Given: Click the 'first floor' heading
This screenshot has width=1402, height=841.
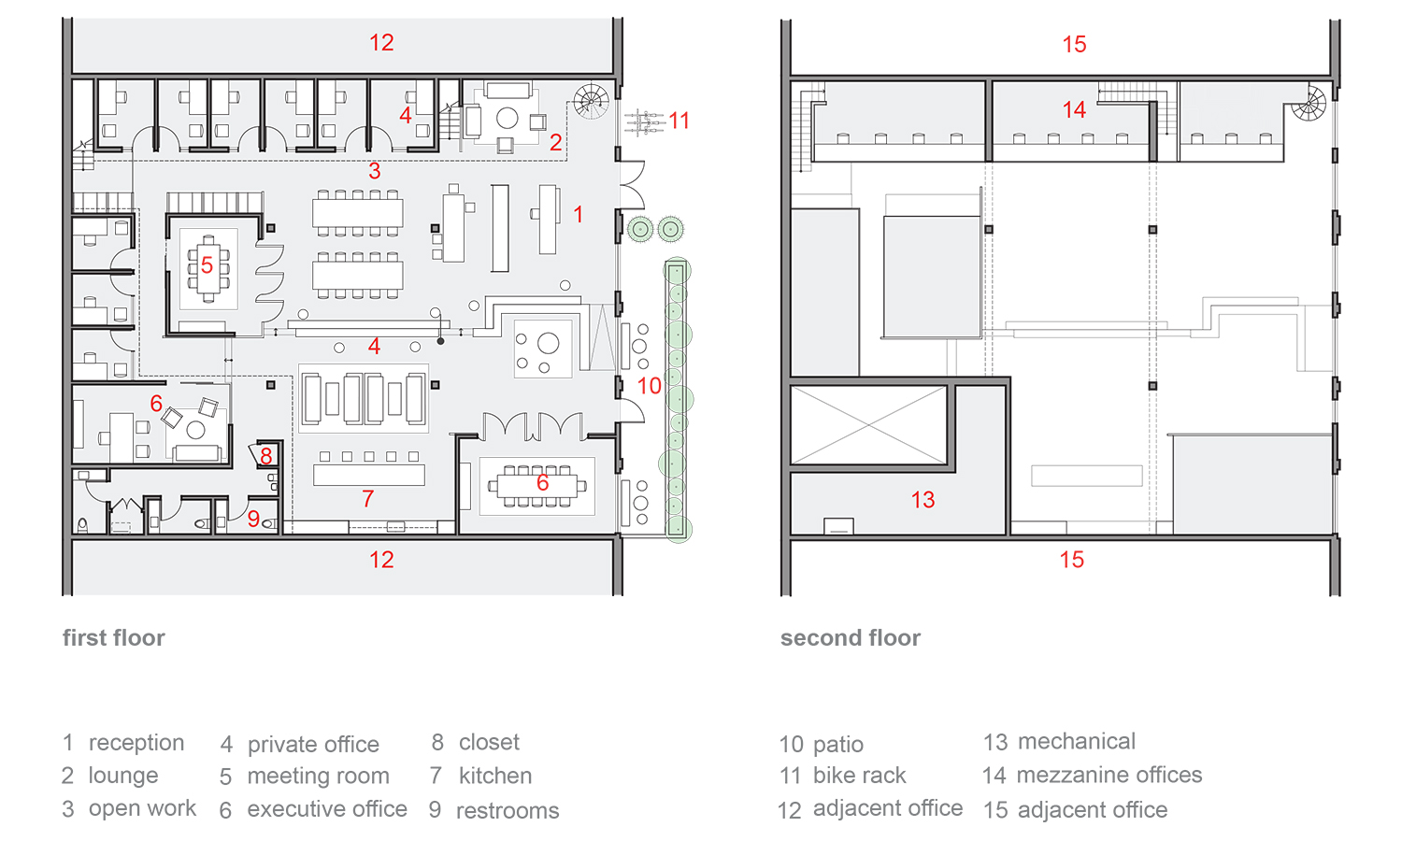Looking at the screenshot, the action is (x=114, y=637).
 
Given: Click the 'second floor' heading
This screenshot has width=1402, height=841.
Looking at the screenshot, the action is (x=851, y=637).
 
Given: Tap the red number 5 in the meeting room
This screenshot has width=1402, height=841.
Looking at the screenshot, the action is (x=207, y=265).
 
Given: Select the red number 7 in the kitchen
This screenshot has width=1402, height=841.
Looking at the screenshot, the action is (x=368, y=499).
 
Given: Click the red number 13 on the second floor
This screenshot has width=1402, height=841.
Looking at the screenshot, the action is (x=923, y=499).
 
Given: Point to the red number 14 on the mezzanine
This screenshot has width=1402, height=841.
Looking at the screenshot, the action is (x=1074, y=109).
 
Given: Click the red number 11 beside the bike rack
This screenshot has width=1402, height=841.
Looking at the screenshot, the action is (x=680, y=121).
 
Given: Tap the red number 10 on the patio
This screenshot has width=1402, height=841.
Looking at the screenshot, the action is (x=649, y=385).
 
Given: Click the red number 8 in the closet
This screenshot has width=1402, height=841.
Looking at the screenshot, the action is (x=266, y=456).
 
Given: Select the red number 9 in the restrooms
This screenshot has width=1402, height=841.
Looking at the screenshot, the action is (x=253, y=518).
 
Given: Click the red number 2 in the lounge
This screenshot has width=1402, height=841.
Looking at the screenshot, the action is (x=555, y=143).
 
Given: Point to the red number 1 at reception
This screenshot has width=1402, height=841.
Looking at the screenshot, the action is (x=579, y=214).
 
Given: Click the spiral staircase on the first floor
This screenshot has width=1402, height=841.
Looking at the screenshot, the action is (x=591, y=101).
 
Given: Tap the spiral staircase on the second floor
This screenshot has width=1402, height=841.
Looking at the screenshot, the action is (x=1309, y=103).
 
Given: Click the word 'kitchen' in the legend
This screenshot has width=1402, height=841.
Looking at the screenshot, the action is (x=495, y=776).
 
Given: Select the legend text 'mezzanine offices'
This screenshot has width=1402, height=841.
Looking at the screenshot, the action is (x=1109, y=775).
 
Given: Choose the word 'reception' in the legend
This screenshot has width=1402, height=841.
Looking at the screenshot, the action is (x=136, y=743).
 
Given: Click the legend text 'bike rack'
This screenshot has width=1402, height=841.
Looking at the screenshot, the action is (x=859, y=776).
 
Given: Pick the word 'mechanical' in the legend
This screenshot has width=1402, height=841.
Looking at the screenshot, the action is (x=1077, y=741).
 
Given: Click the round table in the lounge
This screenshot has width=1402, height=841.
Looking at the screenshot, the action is (x=507, y=118).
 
